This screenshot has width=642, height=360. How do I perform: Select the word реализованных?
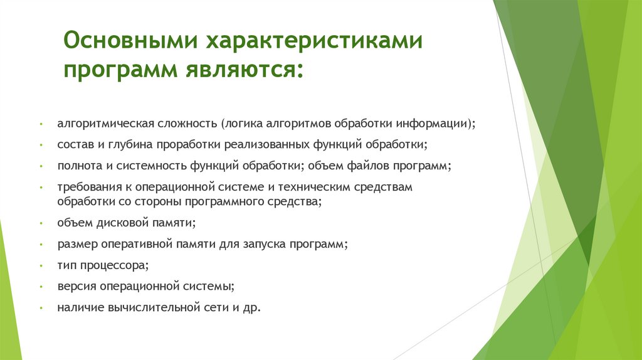click(x=271, y=145)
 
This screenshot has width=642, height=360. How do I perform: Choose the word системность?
click(x=137, y=166)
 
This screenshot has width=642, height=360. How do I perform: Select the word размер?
click(x=75, y=244)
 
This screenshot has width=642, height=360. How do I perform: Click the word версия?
click(x=74, y=287)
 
